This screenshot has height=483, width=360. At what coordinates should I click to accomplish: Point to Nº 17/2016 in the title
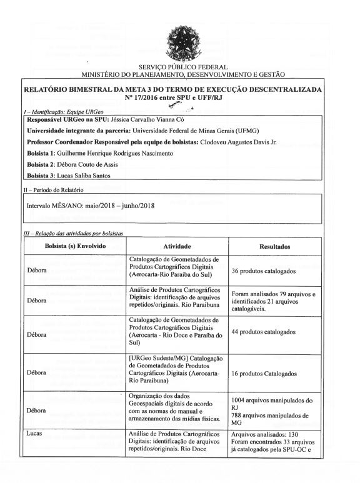point(144,97)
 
